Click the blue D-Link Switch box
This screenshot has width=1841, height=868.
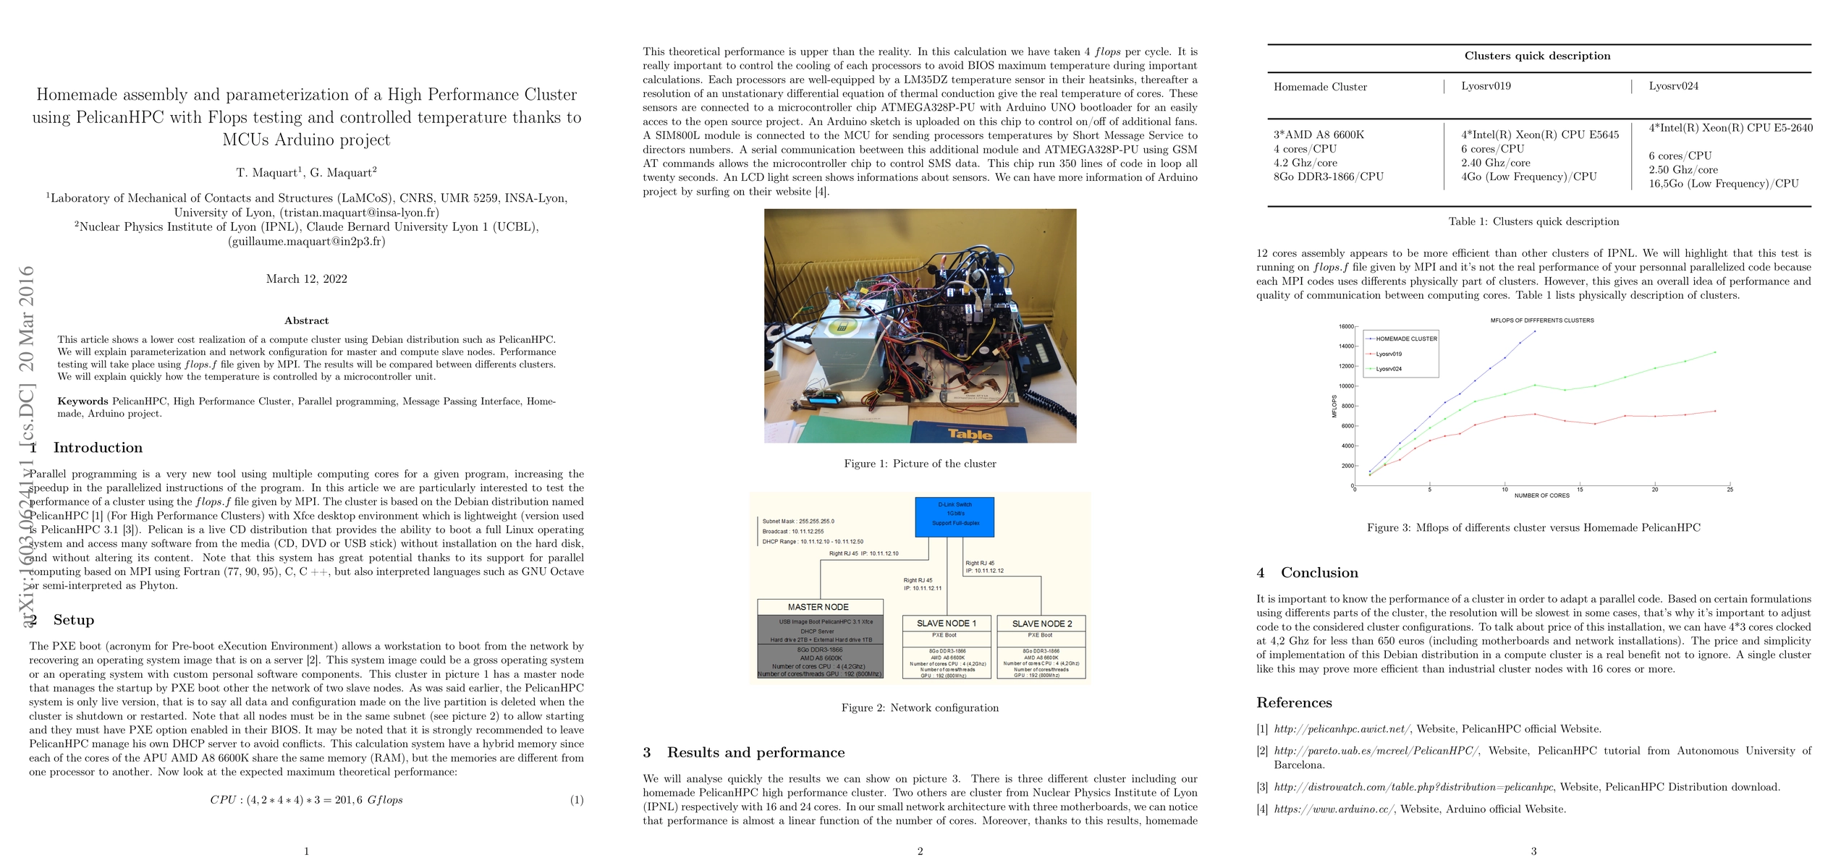pos(955,516)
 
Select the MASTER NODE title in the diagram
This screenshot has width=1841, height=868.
pos(818,607)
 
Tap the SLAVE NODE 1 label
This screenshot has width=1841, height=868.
pos(947,624)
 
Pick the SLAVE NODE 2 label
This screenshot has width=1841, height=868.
pos(1042,624)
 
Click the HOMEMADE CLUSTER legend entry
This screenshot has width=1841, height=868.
pos(1406,339)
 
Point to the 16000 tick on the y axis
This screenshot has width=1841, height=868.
pos(1345,326)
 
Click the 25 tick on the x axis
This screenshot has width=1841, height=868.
pos(1730,490)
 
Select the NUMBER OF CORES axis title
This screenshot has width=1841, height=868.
pos(1541,495)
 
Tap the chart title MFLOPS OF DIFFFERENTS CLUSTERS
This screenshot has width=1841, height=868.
pos(1541,320)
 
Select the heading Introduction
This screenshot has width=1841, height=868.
pos(98,448)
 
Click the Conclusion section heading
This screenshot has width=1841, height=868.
pos(1319,573)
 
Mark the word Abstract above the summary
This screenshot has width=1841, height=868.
pos(306,320)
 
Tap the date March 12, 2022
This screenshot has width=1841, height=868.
pos(306,279)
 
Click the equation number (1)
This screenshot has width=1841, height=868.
pos(576,800)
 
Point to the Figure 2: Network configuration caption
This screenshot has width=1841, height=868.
pos(920,708)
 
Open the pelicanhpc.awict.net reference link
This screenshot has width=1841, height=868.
pos(1342,729)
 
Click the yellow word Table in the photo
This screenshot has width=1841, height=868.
pos(970,434)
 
